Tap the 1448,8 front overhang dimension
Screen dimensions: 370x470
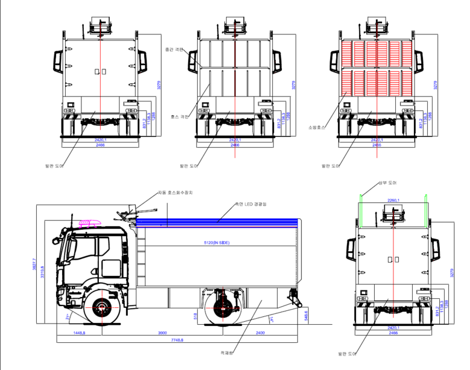tap(79, 333)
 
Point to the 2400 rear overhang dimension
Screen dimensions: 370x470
tap(260, 333)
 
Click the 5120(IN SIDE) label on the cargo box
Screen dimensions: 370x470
tap(217, 243)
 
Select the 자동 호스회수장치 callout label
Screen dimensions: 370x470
tap(176, 193)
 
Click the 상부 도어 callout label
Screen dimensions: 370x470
tap(387, 182)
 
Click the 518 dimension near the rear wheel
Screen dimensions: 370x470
tap(196, 315)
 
